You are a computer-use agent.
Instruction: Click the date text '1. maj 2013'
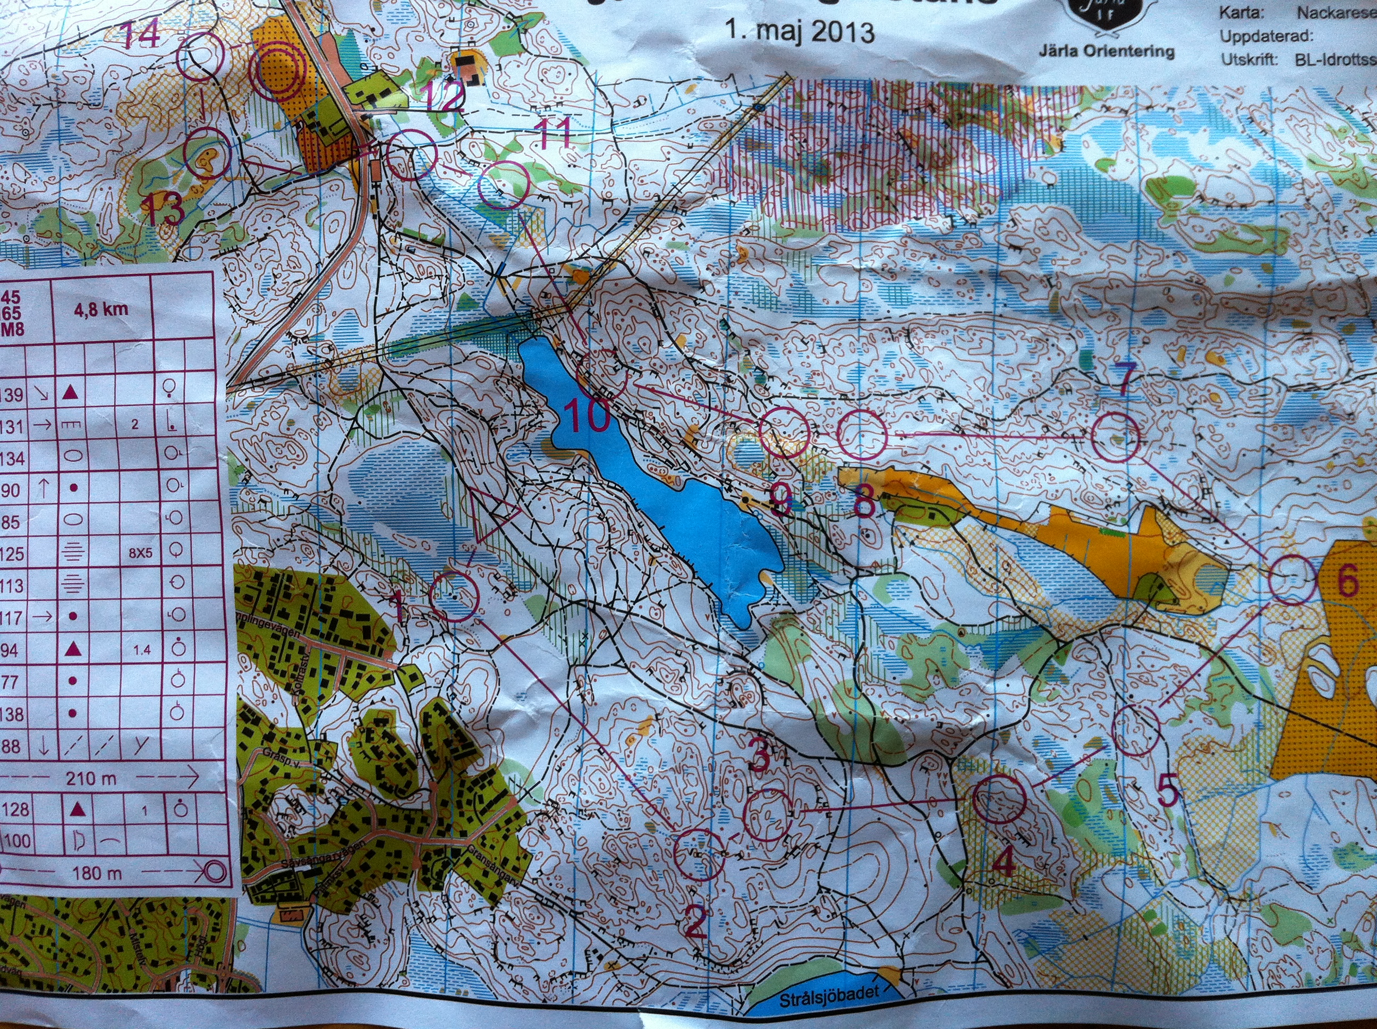[x=800, y=30]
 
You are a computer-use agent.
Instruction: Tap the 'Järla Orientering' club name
[x=1106, y=52]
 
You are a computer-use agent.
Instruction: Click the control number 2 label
[x=695, y=922]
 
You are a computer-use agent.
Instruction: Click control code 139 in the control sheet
[x=12, y=395]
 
